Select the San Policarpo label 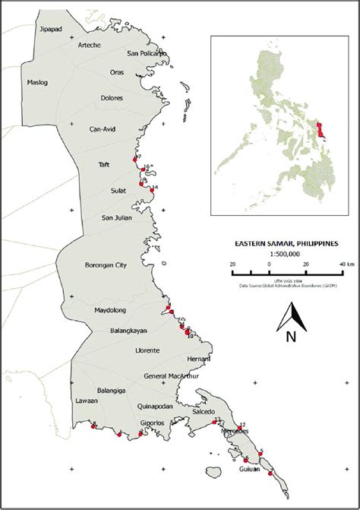147,53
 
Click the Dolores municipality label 112,98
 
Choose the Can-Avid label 103,128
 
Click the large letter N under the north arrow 290,337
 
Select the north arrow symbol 291,315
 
